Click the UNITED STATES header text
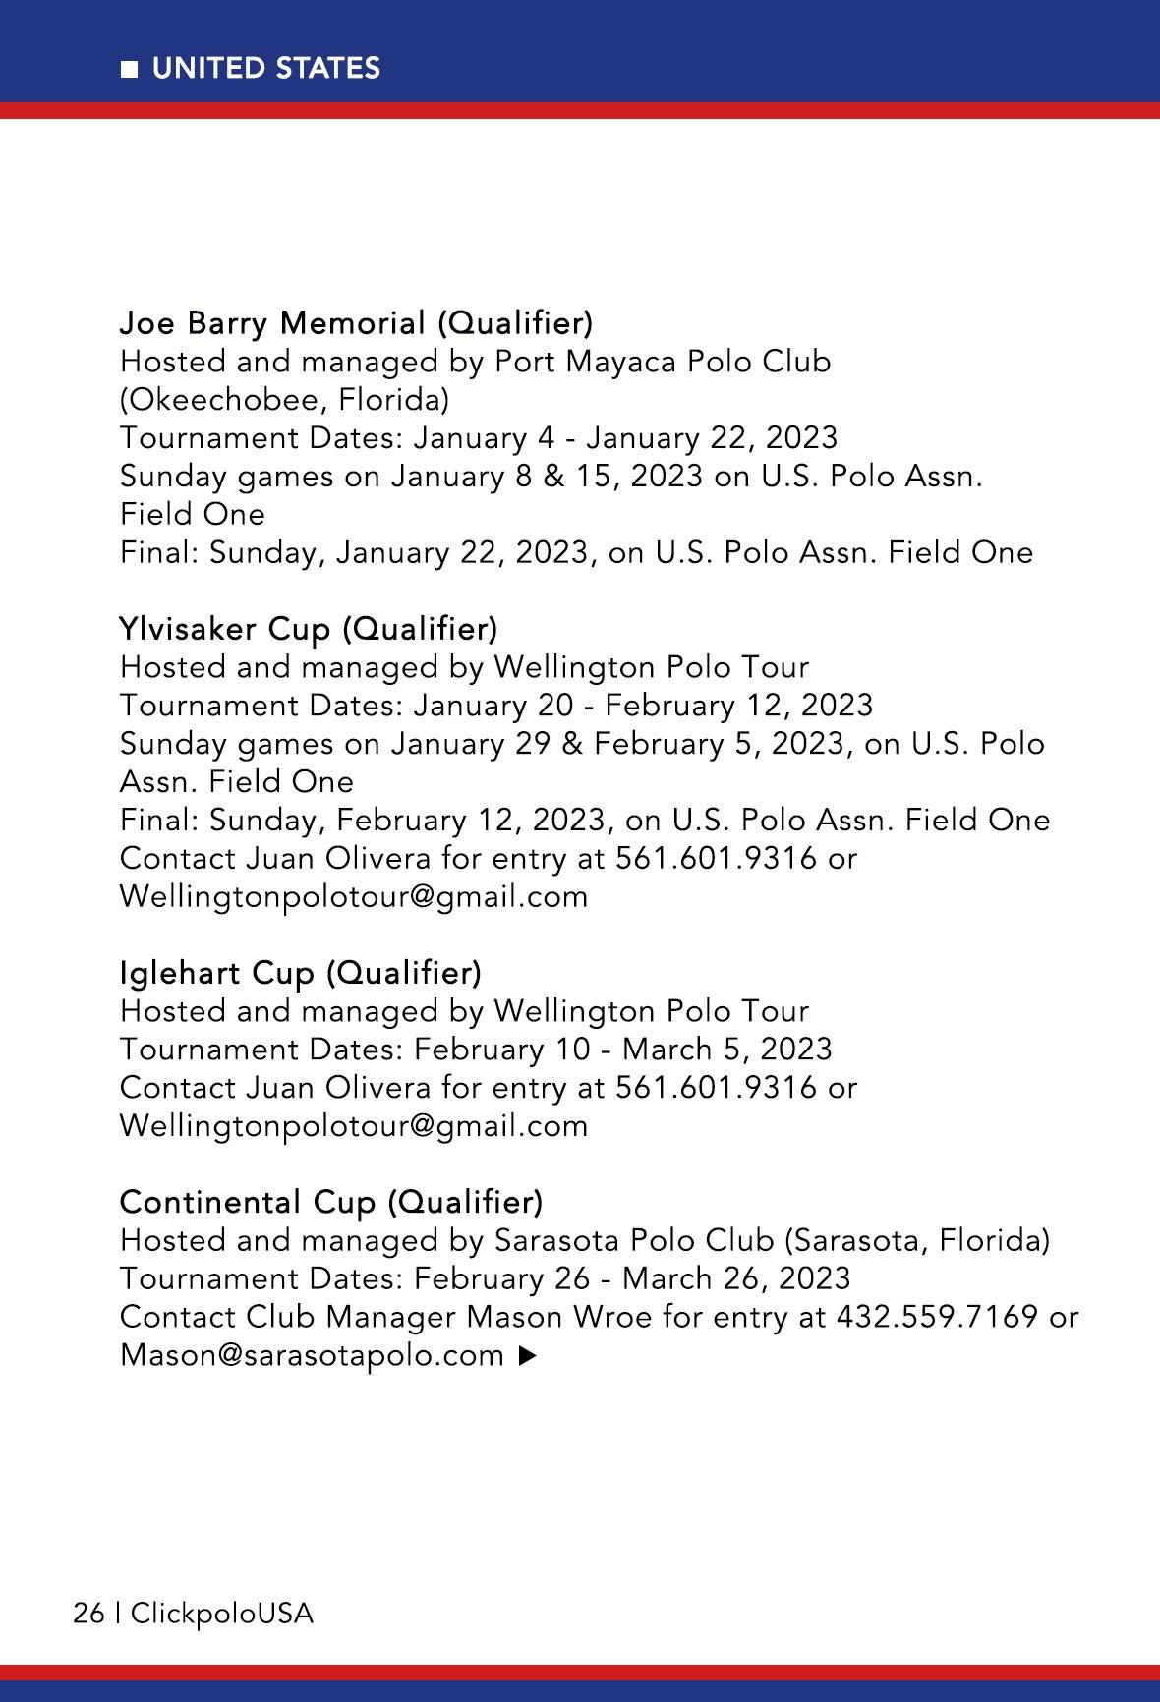click(265, 68)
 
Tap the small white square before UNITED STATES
click(129, 69)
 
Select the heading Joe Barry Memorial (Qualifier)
click(356, 322)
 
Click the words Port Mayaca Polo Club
click(662, 362)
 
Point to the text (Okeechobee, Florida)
click(284, 400)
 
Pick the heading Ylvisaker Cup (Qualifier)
click(308, 628)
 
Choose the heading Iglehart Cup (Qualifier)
click(300, 972)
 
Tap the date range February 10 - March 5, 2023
click(622, 1050)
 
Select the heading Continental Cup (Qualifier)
click(330, 1202)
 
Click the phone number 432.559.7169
click(937, 1317)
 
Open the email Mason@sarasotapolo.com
click(312, 1355)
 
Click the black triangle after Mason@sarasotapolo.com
click(527, 1356)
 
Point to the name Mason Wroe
click(558, 1317)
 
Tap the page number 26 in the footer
click(88, 1614)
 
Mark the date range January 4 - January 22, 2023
click(625, 438)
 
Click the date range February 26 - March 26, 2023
click(631, 1278)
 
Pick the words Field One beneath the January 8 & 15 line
click(193, 515)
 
